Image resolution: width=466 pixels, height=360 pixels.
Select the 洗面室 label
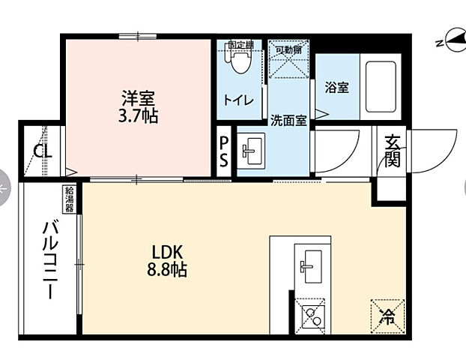pos(288,120)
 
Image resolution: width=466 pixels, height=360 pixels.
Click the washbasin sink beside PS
pos(251,152)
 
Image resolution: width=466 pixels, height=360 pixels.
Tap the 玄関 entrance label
pos(393,151)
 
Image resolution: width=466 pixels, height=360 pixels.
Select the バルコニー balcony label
pos(50,258)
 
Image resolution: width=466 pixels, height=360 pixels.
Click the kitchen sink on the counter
pos(309,264)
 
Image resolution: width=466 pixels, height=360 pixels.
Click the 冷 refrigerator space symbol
pos(387,315)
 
